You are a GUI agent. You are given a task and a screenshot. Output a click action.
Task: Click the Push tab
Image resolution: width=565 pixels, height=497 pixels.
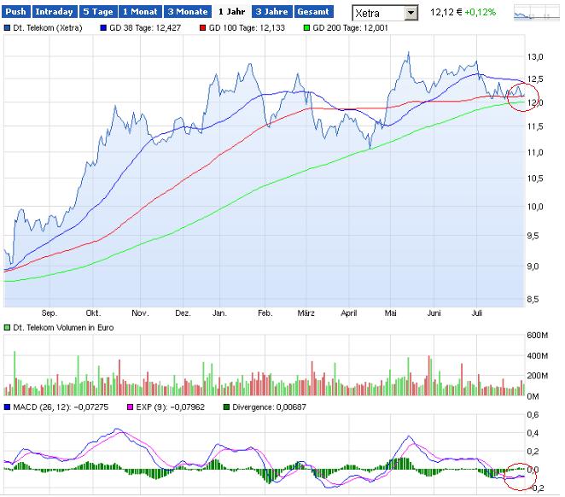tap(17, 13)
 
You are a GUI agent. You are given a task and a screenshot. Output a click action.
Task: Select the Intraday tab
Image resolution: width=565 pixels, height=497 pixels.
tap(54, 13)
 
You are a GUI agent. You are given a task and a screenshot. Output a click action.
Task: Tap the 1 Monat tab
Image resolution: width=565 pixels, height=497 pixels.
tap(139, 13)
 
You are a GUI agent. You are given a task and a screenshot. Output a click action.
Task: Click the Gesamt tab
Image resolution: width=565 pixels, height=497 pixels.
tap(312, 13)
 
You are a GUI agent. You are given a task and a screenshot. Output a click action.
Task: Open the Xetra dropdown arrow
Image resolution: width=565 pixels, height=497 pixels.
tap(411, 14)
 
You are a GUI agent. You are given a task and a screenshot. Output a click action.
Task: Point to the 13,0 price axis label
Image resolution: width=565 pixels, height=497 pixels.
tap(536, 57)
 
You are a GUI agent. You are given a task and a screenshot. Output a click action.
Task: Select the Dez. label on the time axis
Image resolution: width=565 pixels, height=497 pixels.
tap(183, 313)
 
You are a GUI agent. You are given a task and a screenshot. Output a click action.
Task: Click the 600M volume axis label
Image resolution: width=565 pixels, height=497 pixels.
tap(539, 335)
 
